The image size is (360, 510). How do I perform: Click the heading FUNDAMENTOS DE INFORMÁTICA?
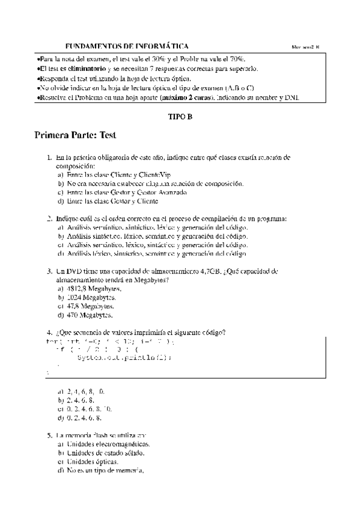(x=126, y=46)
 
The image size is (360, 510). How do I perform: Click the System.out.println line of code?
(x=124, y=357)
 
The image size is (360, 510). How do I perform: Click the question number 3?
(x=49, y=271)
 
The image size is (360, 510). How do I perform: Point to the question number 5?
(x=49, y=434)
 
